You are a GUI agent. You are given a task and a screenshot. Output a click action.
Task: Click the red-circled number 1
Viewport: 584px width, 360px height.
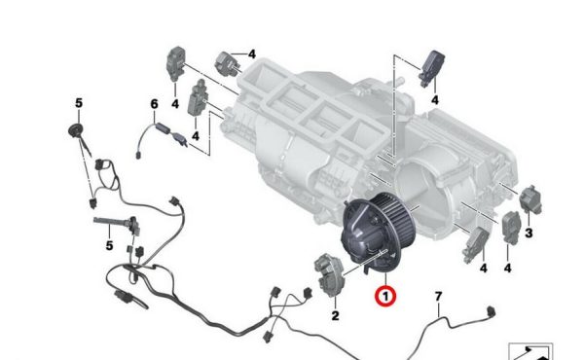click(385, 297)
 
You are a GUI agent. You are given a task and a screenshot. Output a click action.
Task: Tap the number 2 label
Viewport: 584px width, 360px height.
click(335, 315)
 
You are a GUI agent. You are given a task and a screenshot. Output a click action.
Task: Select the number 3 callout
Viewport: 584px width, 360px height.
click(529, 234)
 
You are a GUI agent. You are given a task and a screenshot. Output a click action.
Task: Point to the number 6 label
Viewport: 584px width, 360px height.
click(154, 104)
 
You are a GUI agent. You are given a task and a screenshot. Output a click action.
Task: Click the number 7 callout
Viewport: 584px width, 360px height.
click(439, 297)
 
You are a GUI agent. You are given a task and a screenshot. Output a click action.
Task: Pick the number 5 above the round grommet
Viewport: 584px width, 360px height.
click(79, 103)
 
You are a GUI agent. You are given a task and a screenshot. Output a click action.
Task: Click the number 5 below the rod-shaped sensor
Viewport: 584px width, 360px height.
click(109, 245)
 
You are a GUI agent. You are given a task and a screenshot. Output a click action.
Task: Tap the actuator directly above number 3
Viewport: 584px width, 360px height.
click(530, 200)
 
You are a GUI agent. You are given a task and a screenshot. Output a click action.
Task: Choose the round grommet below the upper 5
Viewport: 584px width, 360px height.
click(76, 131)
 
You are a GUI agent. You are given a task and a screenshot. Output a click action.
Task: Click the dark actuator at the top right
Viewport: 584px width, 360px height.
click(432, 68)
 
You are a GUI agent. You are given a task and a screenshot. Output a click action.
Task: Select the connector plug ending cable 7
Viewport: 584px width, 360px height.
click(492, 311)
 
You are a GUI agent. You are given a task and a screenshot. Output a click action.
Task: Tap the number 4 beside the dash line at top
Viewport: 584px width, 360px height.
click(252, 54)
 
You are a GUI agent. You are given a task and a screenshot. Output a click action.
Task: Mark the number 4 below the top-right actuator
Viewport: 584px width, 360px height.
click(435, 100)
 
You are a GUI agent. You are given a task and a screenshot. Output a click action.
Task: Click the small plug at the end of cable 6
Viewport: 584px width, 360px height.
click(138, 156)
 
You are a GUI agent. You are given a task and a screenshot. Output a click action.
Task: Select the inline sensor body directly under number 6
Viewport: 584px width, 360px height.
click(163, 128)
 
